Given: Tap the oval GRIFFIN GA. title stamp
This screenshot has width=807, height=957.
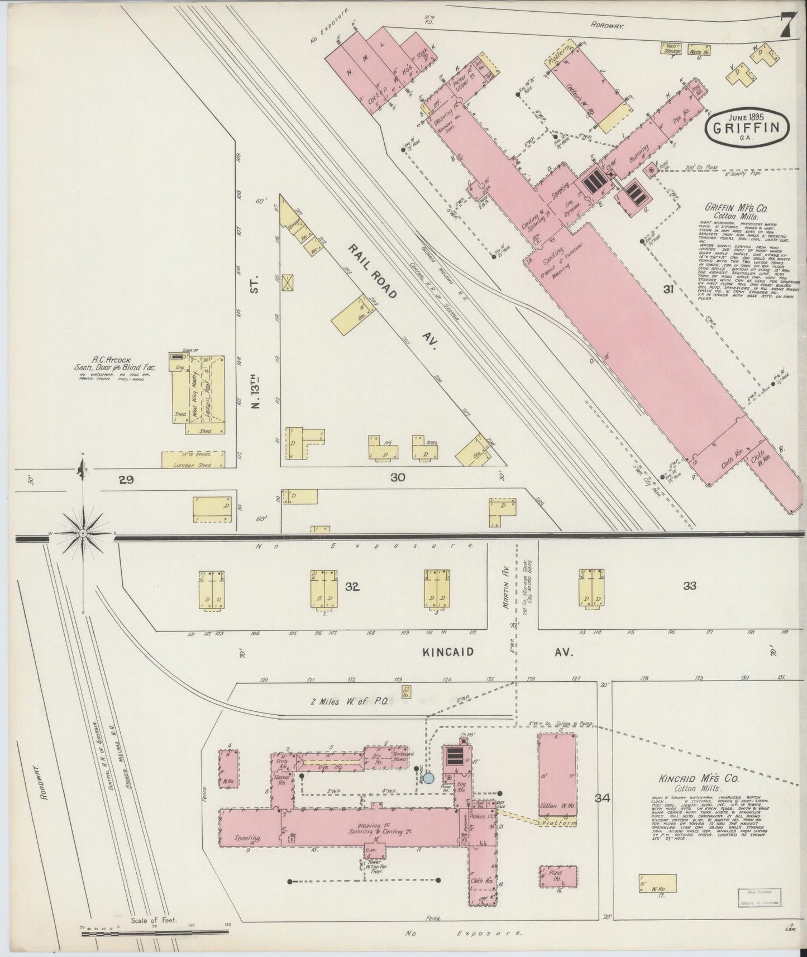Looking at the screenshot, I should [748, 127].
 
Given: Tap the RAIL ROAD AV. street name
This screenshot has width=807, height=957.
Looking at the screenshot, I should [391, 295].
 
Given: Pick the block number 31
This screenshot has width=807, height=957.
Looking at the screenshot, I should [668, 289].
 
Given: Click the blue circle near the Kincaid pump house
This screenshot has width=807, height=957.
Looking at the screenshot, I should [428, 778].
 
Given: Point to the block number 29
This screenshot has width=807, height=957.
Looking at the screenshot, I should [126, 479].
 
